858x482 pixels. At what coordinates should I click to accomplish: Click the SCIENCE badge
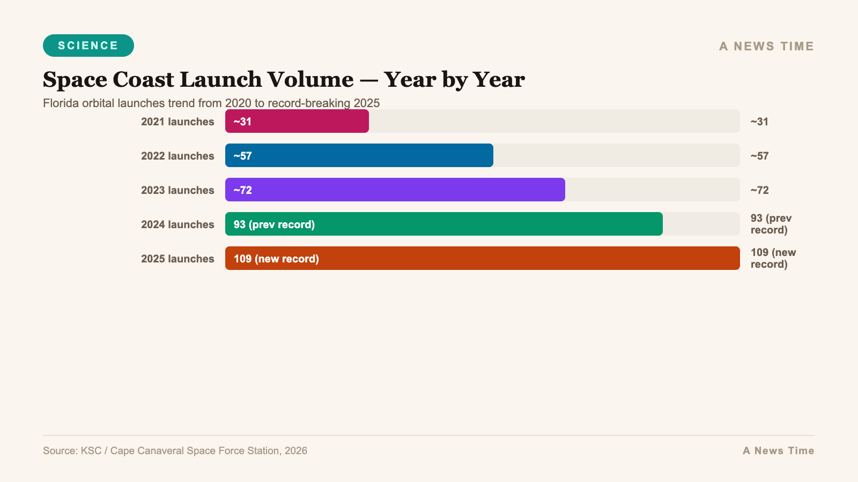click(x=88, y=46)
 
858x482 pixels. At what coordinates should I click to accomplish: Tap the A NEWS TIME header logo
click(x=766, y=46)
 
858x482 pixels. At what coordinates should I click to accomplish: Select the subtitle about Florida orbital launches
click(x=211, y=103)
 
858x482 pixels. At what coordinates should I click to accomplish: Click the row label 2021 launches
click(x=177, y=122)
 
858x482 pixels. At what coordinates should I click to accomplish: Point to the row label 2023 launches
click(x=177, y=190)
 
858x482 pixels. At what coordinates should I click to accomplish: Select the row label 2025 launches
click(x=177, y=259)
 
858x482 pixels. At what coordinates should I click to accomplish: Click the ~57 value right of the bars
click(x=759, y=156)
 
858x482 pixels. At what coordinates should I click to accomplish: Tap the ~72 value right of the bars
click(x=759, y=190)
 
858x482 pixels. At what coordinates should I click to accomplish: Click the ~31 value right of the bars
click(x=759, y=122)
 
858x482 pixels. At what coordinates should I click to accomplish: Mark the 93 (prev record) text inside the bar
click(x=274, y=224)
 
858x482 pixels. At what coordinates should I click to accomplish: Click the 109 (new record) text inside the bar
click(x=276, y=259)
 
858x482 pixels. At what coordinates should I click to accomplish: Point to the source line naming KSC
click(x=175, y=450)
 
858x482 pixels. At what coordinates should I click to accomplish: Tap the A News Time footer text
click(x=778, y=450)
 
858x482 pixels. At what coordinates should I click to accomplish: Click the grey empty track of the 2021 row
click(x=552, y=122)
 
